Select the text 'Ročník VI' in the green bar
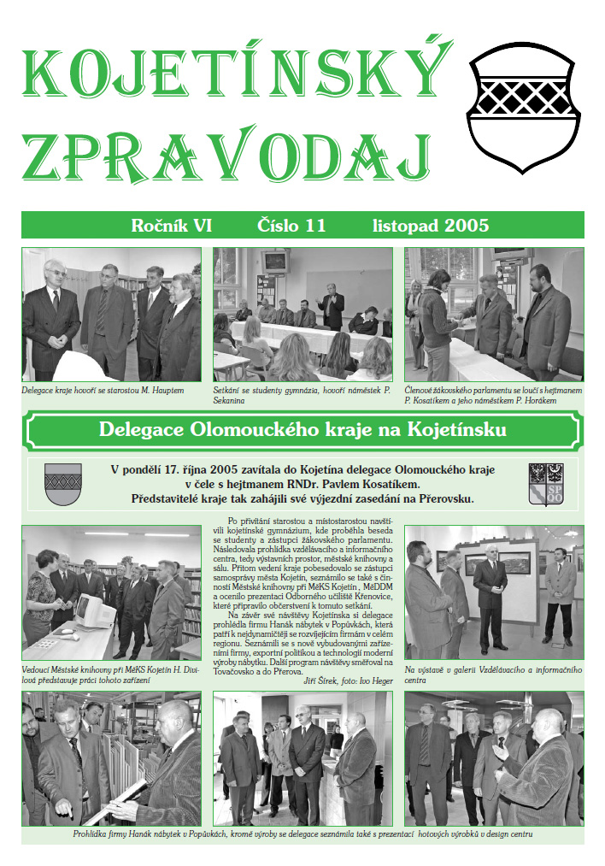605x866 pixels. pos(171,226)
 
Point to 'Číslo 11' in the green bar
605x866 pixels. pos(291,226)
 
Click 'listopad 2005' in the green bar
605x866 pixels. pos(431,226)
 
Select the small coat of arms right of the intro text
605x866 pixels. pos(546,483)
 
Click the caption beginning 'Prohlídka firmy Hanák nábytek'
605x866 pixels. pos(302,833)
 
